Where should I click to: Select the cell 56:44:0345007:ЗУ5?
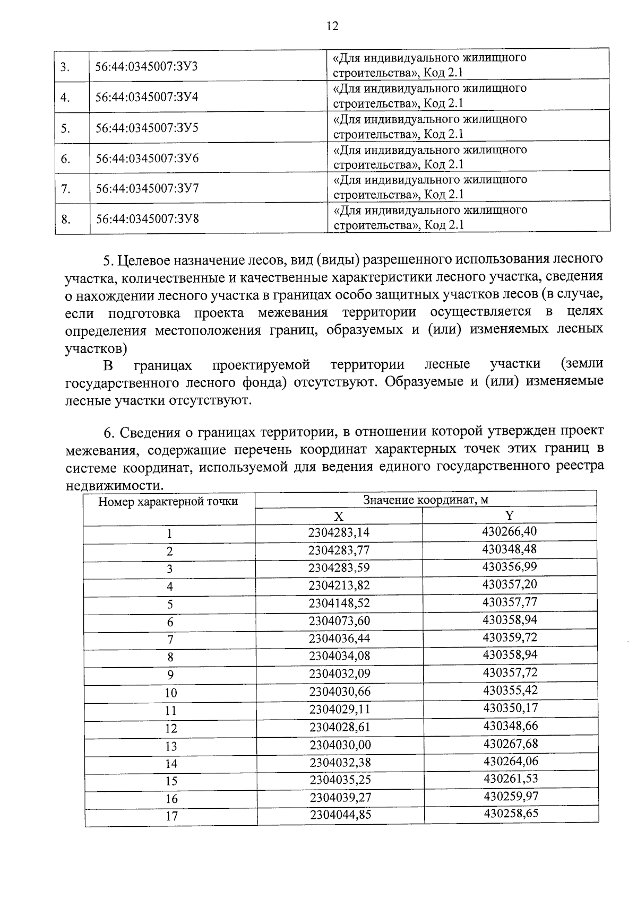[x=147, y=128]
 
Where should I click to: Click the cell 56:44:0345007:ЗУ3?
[x=147, y=67]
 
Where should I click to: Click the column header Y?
[x=509, y=515]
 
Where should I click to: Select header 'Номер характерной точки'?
[x=168, y=501]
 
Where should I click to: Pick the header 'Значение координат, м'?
[x=425, y=500]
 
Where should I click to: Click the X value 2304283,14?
[x=339, y=532]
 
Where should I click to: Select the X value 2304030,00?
[x=340, y=745]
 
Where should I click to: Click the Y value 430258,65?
[x=511, y=813]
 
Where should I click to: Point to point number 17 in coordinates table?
[x=171, y=816]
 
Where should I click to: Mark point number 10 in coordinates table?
[x=170, y=693]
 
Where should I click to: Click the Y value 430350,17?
[x=510, y=708]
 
